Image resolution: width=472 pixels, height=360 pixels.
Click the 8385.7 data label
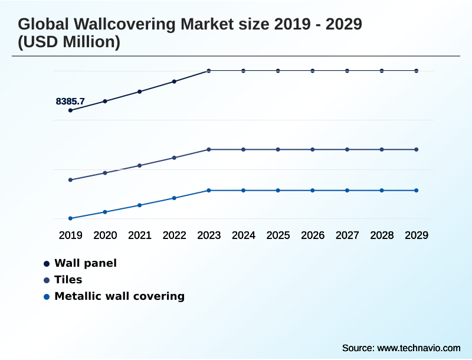[70, 102]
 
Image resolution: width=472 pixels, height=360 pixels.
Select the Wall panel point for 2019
[70, 110]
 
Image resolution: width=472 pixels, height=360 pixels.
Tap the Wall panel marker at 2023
[209, 71]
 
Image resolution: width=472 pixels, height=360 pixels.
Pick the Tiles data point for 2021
[140, 165]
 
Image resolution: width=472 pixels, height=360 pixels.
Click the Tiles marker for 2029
[417, 149]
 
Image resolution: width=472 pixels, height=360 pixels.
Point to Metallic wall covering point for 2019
[70, 218]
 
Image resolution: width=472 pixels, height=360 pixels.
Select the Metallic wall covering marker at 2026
[313, 191]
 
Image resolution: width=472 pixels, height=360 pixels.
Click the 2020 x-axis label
[105, 235]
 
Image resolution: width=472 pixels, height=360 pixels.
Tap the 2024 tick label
[244, 235]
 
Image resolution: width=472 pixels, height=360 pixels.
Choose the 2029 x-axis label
[417, 235]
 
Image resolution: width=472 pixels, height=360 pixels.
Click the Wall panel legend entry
[85, 263]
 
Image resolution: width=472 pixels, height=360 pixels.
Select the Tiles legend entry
[68, 280]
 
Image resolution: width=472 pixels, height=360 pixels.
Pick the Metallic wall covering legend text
[119, 296]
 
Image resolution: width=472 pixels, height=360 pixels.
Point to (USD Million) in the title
[69, 42]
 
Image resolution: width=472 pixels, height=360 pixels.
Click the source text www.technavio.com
[418, 348]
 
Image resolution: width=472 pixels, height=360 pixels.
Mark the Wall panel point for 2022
[174, 81]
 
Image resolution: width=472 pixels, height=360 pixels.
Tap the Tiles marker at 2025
[278, 149]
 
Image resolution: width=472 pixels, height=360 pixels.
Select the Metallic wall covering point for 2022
[174, 198]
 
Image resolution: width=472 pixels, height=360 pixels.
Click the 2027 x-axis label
[347, 235]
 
